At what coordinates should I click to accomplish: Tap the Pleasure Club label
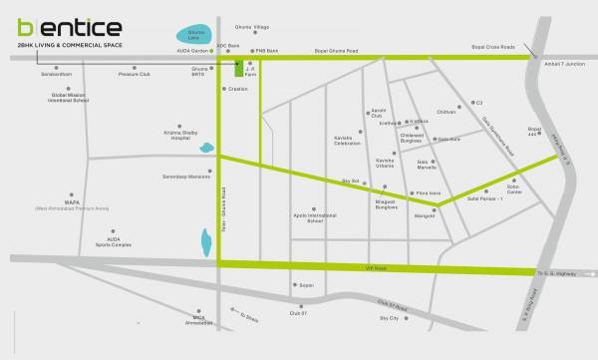132,73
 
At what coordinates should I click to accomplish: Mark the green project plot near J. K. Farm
236,69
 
